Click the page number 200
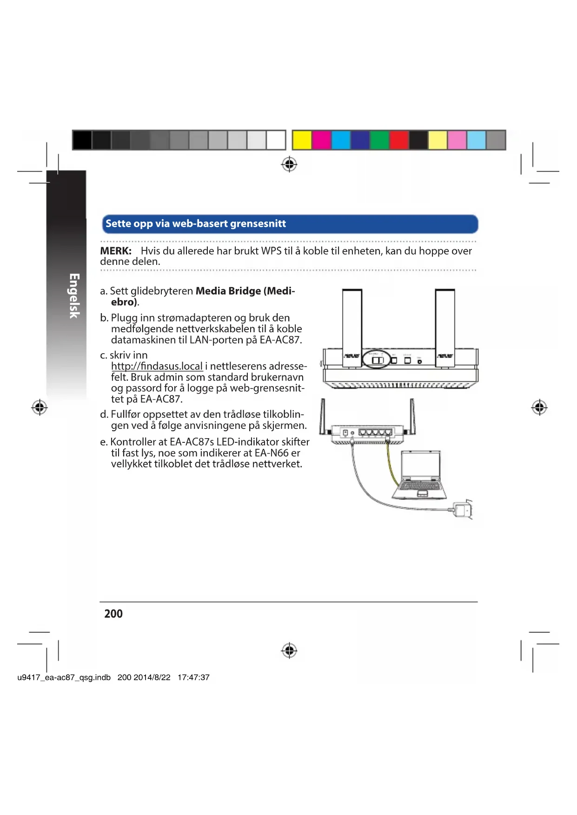(113, 614)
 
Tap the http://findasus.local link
(157, 366)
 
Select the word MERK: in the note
(116, 251)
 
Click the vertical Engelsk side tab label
(74, 296)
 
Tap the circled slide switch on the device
(377, 360)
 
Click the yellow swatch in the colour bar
(302, 140)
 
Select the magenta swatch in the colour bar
(321, 140)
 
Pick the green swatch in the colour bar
(379, 140)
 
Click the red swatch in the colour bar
(399, 140)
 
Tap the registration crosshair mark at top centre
(289, 164)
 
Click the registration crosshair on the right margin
(539, 407)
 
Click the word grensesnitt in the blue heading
(258, 223)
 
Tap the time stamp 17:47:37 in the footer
(193, 677)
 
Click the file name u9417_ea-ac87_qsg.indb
(64, 677)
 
